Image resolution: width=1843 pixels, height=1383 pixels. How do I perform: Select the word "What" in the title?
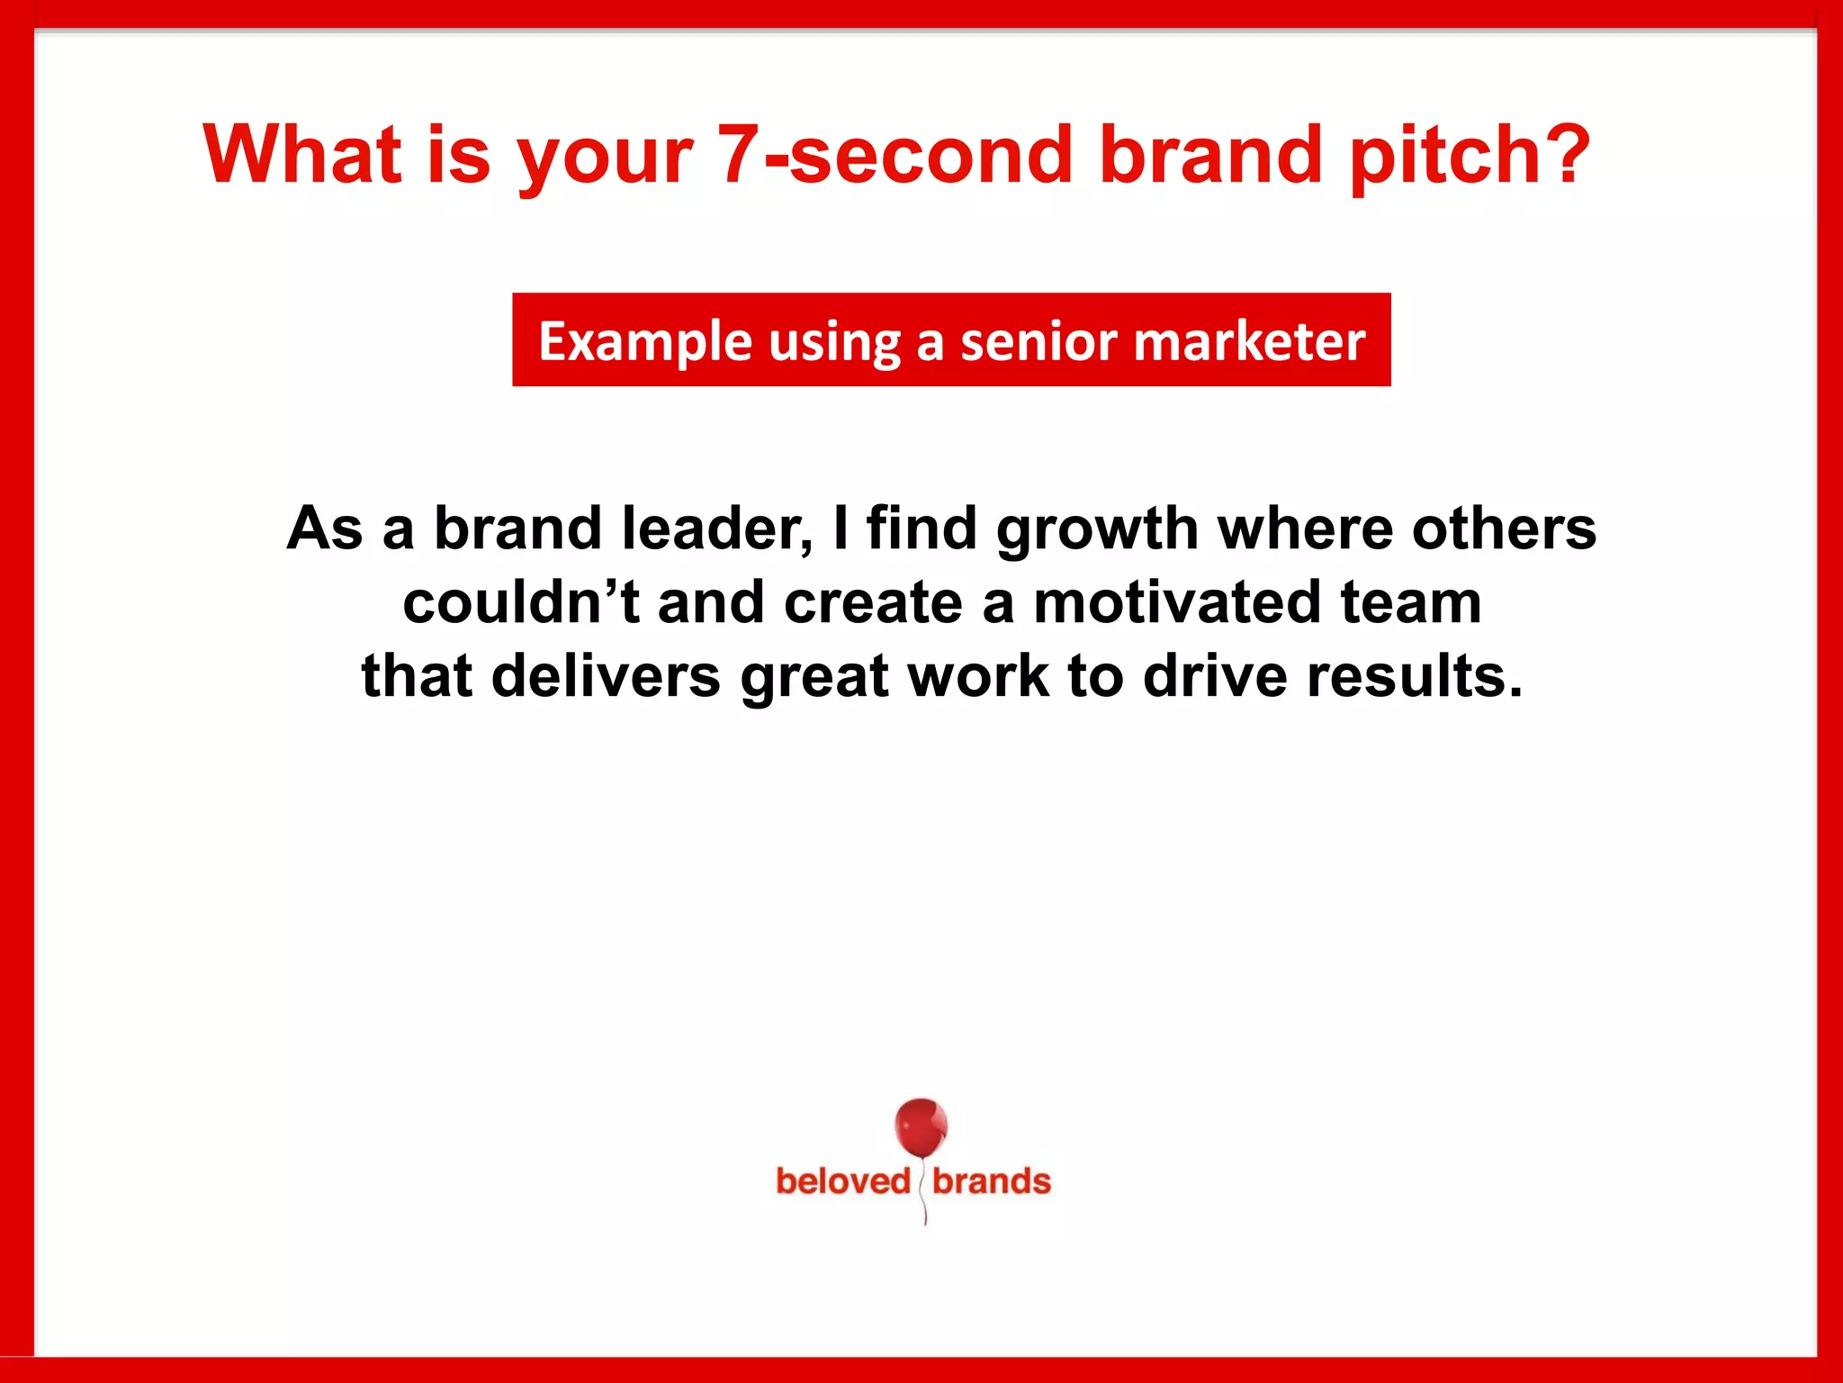pos(302,155)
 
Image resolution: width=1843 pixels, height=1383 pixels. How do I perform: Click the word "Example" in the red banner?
pos(644,342)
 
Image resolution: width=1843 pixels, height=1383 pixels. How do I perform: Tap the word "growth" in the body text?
pos(1097,529)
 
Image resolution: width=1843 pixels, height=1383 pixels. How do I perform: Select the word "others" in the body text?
pos(1504,529)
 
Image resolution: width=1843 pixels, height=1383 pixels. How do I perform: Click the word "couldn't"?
pos(521,602)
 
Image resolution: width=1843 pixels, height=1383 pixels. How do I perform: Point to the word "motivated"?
pos(1176,602)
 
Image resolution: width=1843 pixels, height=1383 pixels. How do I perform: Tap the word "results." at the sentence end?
pos(1415,676)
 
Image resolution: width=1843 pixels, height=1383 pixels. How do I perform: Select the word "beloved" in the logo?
pos(843,1181)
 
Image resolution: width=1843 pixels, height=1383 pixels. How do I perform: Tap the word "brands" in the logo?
pos(992,1181)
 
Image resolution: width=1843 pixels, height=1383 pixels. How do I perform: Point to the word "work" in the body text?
pos(978,676)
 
